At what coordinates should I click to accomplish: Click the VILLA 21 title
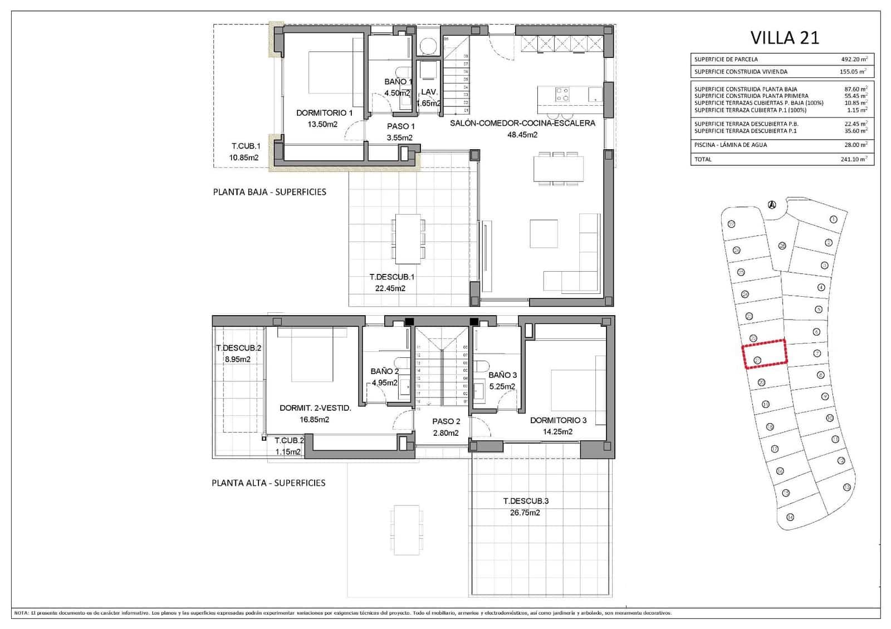tap(785, 37)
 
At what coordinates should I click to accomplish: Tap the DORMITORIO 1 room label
tap(324, 113)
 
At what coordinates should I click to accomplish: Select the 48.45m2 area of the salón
tap(522, 135)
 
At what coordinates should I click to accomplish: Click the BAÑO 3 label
tap(502, 375)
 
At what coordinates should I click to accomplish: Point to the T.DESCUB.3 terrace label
tap(525, 501)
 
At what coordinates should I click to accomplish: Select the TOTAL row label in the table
tap(703, 159)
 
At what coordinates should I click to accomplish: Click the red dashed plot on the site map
tap(764, 353)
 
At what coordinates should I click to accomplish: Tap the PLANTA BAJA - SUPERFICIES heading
tap(270, 192)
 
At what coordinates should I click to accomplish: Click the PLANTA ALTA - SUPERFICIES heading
tap(268, 483)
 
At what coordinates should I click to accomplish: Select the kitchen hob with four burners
tap(562, 94)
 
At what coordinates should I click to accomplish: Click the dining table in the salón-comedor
tap(559, 169)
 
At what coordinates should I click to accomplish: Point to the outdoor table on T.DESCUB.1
tap(408, 238)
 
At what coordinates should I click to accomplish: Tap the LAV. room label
tap(428, 92)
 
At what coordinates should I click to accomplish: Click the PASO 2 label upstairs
tap(446, 421)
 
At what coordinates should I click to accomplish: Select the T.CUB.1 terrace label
tap(246, 146)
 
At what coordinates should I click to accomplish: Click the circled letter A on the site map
tap(771, 204)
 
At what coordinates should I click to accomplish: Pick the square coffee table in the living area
tap(544, 234)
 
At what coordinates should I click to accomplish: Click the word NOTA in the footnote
tap(21, 613)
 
